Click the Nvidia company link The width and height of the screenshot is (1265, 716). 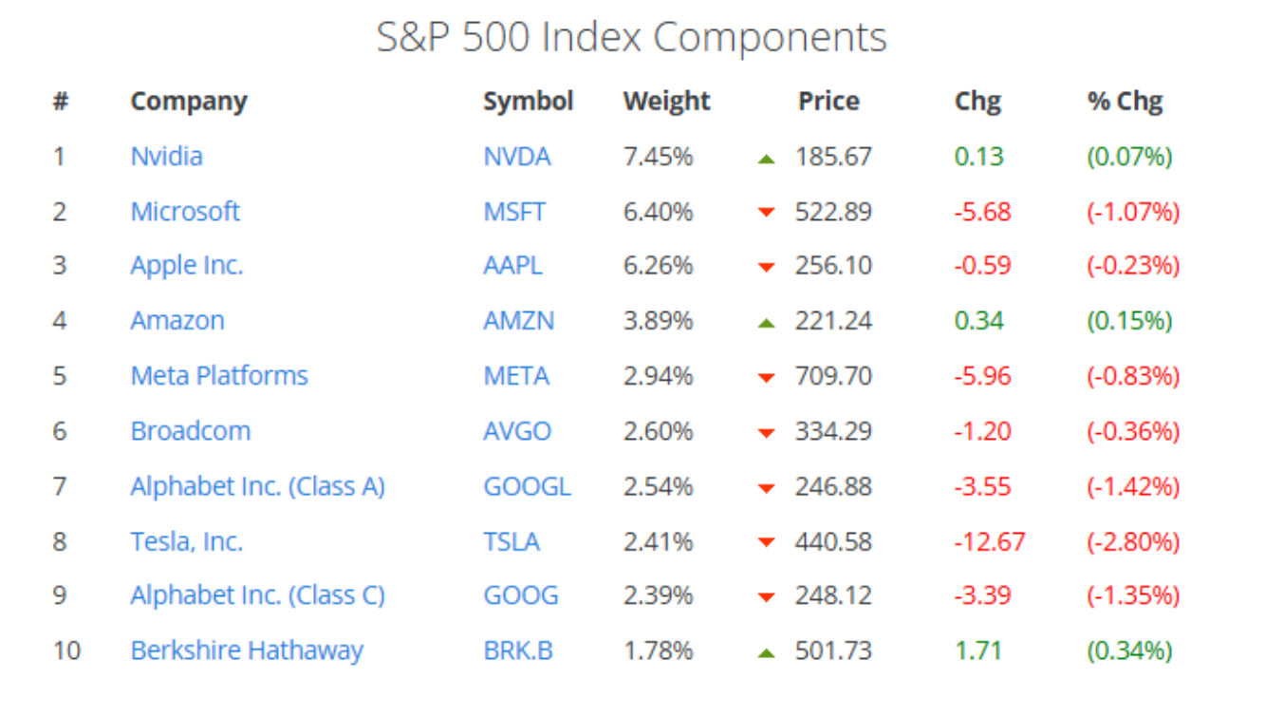(x=167, y=157)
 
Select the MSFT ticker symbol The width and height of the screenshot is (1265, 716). (x=514, y=212)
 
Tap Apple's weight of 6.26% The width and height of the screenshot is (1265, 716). (x=658, y=266)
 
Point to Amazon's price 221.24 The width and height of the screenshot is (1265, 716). (x=833, y=320)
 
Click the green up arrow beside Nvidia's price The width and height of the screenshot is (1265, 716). (x=767, y=160)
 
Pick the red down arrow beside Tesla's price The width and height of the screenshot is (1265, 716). (x=767, y=542)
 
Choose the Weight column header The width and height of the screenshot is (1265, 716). (x=666, y=102)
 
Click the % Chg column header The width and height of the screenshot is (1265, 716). (x=1125, y=102)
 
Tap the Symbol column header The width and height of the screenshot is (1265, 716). (x=529, y=102)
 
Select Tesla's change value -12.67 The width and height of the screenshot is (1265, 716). (x=990, y=542)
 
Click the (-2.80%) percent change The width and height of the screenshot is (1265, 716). (x=1133, y=542)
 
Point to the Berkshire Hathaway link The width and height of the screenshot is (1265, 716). (x=247, y=650)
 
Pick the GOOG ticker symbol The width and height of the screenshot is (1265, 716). (x=521, y=595)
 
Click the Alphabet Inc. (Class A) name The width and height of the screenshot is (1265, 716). (x=257, y=486)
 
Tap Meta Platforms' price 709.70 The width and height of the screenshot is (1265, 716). (x=833, y=376)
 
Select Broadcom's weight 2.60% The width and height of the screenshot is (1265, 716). (x=658, y=431)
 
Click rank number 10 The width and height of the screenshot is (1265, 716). (x=66, y=650)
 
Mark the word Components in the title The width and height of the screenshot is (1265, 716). (x=770, y=38)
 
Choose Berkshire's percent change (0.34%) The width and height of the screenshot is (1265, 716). (x=1129, y=650)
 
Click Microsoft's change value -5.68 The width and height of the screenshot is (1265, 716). (x=982, y=212)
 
